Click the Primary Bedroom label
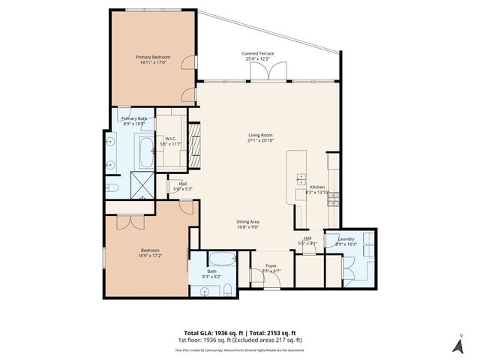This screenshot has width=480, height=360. [x=153, y=58]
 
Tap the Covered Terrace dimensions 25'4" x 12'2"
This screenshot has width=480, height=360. [x=257, y=59]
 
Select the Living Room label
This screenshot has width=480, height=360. [x=259, y=136]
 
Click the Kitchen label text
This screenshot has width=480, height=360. [x=316, y=187]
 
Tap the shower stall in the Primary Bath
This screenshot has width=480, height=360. [x=140, y=183]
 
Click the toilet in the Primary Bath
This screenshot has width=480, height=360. [x=110, y=187]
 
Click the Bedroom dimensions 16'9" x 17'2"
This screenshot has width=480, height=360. [x=150, y=256]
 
